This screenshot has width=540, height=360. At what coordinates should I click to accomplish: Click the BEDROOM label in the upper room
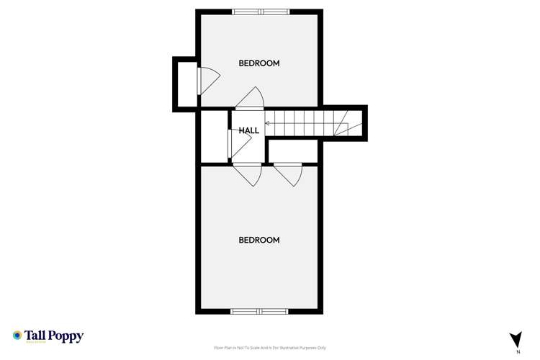[259, 63]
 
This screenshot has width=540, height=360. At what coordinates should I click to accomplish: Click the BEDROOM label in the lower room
[259, 240]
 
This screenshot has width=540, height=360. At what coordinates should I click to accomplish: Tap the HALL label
[249, 130]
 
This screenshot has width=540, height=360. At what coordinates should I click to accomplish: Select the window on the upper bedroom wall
[260, 11]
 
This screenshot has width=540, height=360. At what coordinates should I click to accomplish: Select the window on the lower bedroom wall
[259, 312]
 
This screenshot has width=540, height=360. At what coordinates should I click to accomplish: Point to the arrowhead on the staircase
[268, 123]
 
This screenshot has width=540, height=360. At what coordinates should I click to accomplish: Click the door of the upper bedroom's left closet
[204, 79]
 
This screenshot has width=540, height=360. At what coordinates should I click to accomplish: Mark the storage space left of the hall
[214, 137]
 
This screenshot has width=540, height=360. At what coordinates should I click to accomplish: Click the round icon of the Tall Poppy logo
[17, 335]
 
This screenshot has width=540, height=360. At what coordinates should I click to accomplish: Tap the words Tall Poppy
[54, 335]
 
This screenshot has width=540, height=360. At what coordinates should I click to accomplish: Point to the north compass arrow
[515, 339]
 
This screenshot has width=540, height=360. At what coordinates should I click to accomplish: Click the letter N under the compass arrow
[518, 352]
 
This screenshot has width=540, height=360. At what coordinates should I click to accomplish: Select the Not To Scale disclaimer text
[270, 348]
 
